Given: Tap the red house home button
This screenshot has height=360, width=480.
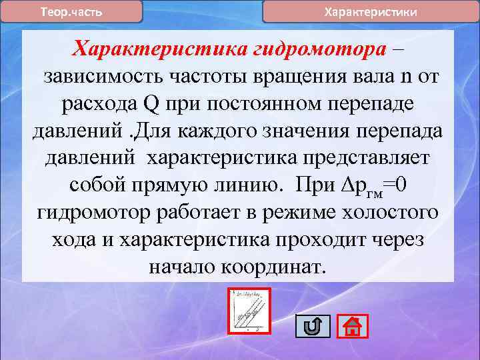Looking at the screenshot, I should (x=353, y=326).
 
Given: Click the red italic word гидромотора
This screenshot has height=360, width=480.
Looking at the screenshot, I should (x=320, y=49).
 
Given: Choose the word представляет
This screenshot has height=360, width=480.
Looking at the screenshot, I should (x=361, y=159).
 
